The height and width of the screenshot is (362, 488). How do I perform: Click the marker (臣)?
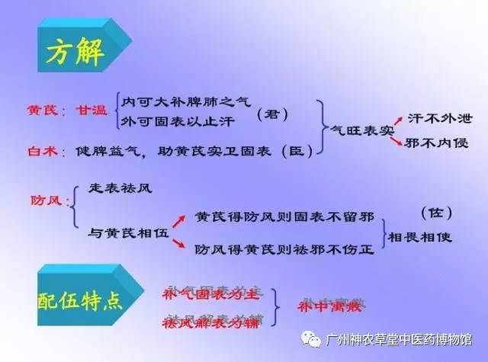coord(295,151)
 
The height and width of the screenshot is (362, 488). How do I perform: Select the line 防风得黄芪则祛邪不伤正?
coord(284,248)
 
